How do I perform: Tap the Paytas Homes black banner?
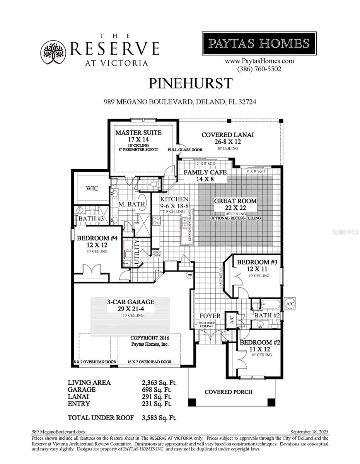[x=259, y=43]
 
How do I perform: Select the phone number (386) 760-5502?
[x=259, y=69]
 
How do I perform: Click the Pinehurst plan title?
[x=191, y=84]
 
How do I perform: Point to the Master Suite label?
[x=138, y=133]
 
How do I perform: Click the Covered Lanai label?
[x=228, y=135]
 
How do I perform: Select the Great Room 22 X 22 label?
[x=235, y=201]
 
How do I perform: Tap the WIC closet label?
[x=92, y=188]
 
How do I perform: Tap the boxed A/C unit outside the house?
[x=290, y=304]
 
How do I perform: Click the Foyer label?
[x=210, y=316]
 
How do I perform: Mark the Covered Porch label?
[x=228, y=392]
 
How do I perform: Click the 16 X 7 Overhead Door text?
[x=150, y=362]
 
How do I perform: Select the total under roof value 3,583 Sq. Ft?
[x=159, y=418]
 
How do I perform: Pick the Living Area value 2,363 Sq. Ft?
[x=159, y=382]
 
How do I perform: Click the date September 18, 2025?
[x=309, y=432]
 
